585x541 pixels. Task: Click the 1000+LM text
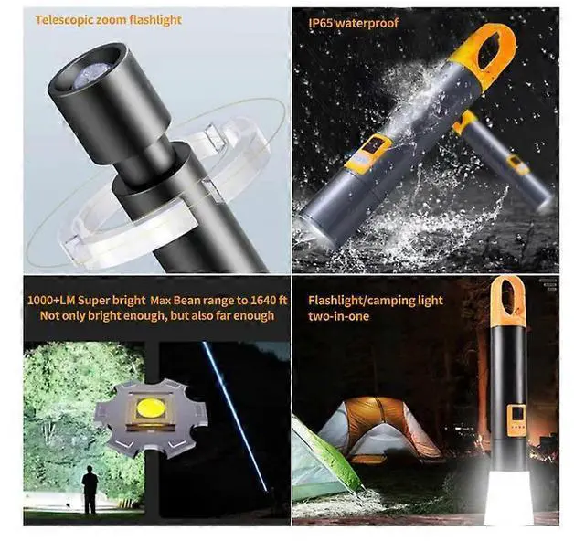pos(54,300)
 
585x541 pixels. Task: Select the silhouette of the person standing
pos(90,489)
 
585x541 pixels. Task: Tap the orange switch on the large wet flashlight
pos(367,152)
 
